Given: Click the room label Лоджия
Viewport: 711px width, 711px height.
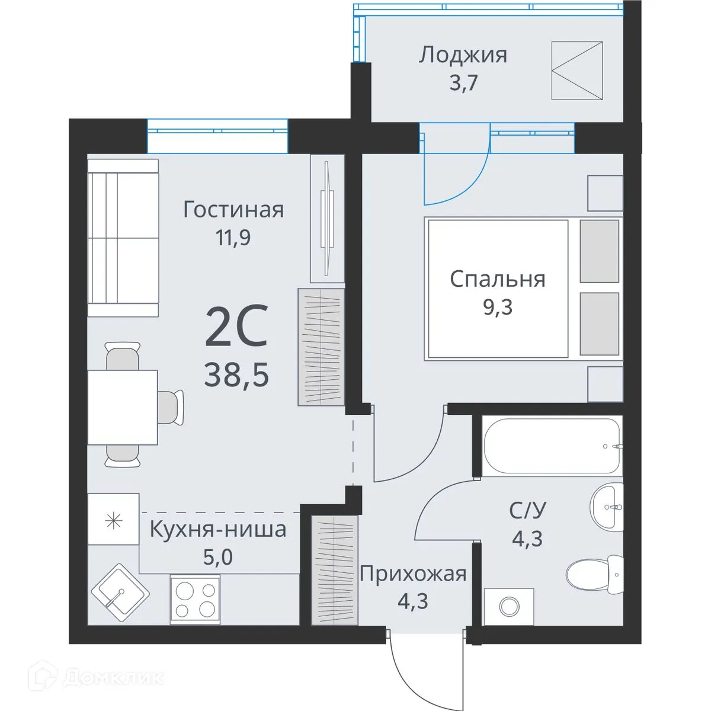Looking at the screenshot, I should point(463,55).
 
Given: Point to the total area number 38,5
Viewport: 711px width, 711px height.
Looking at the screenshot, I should point(236,374).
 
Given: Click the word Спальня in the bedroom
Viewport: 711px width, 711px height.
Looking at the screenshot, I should point(497,279).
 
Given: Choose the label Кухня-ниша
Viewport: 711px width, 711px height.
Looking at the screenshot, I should point(217,529).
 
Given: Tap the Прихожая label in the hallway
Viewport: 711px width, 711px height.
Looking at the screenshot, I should point(413,574).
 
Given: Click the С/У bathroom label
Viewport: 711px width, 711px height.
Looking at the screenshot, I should point(527,510).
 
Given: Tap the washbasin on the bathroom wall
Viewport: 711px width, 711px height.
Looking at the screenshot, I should point(607,507).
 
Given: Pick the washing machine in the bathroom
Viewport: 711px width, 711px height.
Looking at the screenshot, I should point(509,606).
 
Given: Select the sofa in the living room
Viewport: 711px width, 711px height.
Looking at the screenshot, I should point(123,238).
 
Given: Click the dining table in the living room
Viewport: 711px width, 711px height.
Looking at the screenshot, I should point(123,408).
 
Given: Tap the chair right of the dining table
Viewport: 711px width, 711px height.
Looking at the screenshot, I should point(171,407).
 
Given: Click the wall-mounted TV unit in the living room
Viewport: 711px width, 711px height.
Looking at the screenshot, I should point(327,218).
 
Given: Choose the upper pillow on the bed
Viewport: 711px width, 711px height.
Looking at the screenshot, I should point(599,251).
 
